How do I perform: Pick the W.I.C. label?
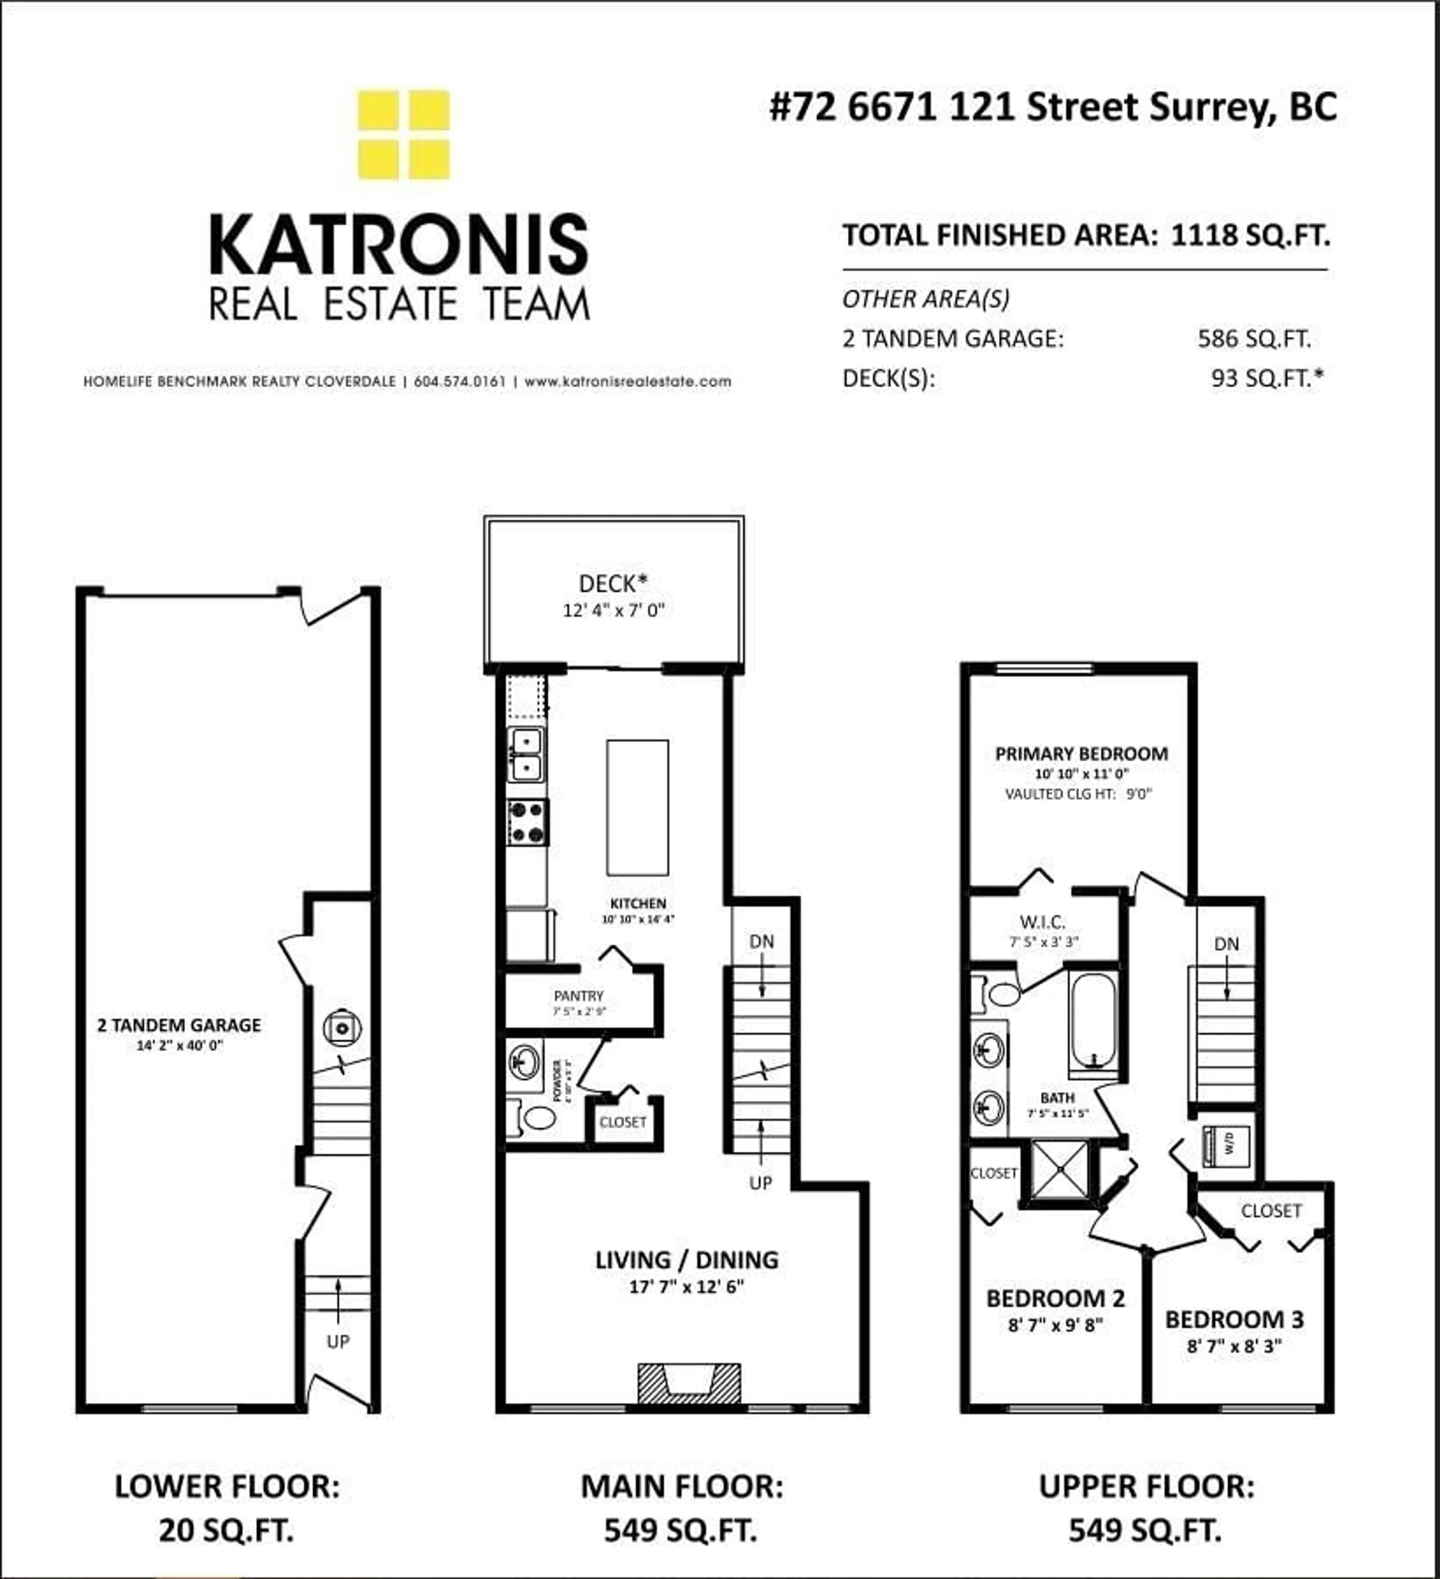[x=1042, y=922]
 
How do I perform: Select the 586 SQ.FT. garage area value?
[x=1254, y=338]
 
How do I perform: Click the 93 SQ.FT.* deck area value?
[x=1266, y=378]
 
